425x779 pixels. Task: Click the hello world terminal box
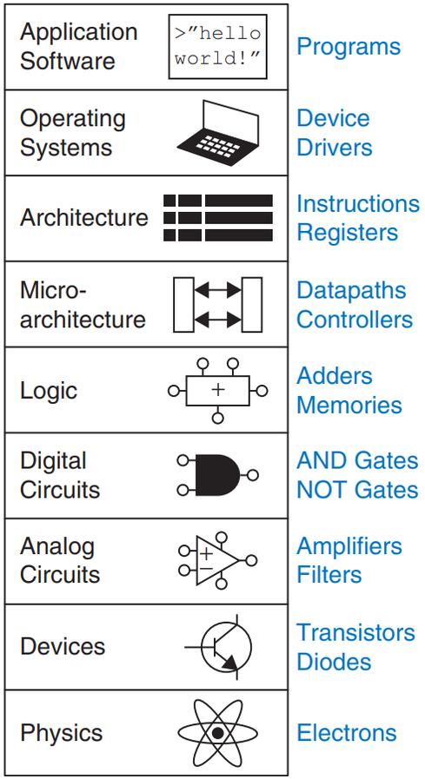(218, 47)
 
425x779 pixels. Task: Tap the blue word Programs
(349, 47)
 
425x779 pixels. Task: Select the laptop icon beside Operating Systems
(218, 130)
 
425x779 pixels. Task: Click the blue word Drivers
(335, 148)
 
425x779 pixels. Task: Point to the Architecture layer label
(84, 218)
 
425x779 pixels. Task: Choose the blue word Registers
(348, 233)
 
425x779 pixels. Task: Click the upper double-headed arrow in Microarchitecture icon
(218, 290)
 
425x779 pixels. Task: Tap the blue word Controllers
(355, 320)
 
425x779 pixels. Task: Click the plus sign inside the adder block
(218, 389)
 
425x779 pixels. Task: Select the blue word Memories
(349, 405)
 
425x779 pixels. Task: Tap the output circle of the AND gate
(253, 475)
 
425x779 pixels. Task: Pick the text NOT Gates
(357, 491)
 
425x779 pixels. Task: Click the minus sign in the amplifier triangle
(206, 568)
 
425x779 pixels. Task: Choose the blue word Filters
(329, 575)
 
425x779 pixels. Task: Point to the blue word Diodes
(334, 662)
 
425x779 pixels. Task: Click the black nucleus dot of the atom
(218, 733)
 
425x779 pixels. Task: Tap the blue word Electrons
(347, 733)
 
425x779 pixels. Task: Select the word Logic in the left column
(49, 392)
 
